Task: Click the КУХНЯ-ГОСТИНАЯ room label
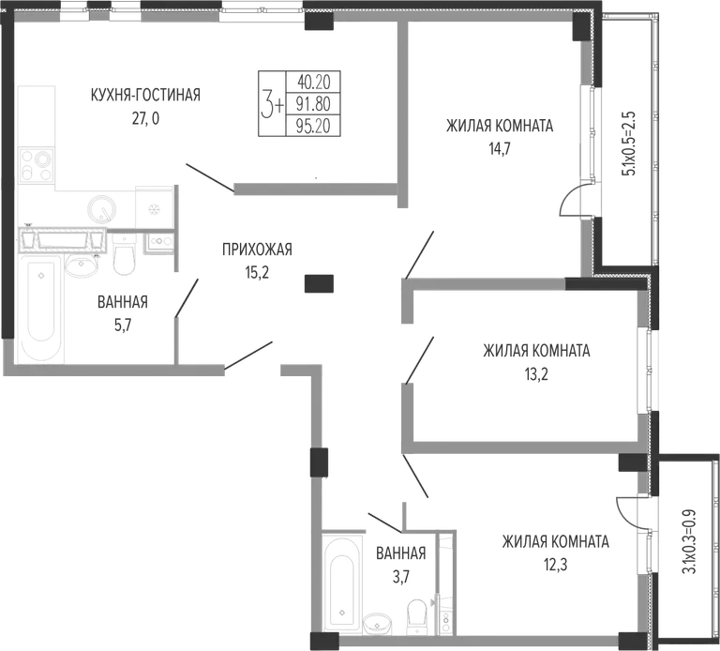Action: (x=145, y=95)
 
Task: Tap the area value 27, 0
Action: (x=145, y=119)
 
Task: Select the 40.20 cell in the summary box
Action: (x=314, y=83)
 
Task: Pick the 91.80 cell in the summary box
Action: (x=314, y=104)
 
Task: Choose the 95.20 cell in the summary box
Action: (x=314, y=126)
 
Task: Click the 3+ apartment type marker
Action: (x=272, y=104)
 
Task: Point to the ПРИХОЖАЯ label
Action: (x=257, y=250)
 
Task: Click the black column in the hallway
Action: (x=319, y=283)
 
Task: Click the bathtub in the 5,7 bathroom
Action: (x=40, y=310)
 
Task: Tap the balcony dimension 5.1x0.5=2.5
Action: (x=628, y=144)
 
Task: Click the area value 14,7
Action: (x=500, y=149)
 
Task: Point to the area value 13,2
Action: (x=536, y=374)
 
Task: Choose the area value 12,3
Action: (x=555, y=564)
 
